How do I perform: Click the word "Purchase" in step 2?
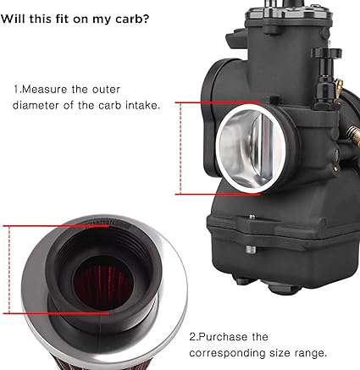point(223,337)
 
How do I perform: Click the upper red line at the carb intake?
point(218,102)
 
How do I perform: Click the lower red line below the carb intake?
point(218,194)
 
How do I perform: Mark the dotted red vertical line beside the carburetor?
point(180,148)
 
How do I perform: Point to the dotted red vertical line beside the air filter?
point(9,269)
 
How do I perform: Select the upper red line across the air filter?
point(56,226)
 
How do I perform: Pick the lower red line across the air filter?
point(56,313)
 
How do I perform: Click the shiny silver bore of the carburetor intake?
point(250,148)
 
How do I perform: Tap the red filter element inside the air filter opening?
point(103,282)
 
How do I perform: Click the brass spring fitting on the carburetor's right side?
point(353,135)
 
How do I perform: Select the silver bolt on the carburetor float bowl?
point(250,250)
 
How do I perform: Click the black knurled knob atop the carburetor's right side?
point(326,52)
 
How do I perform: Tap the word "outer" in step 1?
point(106,90)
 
